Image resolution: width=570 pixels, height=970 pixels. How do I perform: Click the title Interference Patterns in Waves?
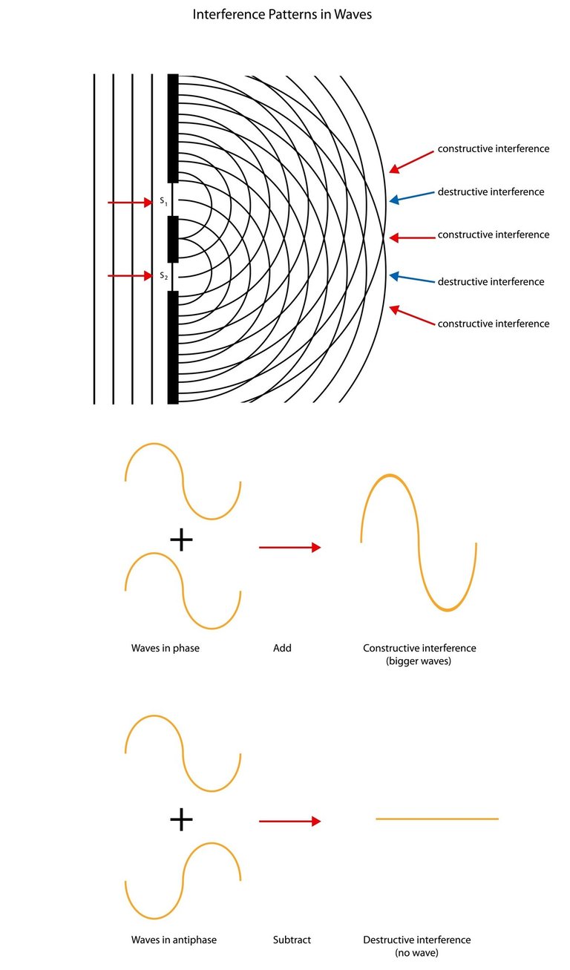pos(282,15)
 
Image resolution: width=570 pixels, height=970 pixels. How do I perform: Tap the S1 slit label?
pos(164,202)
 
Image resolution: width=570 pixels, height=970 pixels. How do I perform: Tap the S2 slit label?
pos(164,276)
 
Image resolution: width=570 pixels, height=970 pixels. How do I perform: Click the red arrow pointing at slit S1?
pos(130,202)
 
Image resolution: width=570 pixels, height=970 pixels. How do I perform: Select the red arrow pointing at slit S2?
pos(130,276)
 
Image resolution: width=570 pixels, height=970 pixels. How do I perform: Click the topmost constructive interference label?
pos(494,148)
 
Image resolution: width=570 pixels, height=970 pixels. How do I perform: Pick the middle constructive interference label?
pos(494,235)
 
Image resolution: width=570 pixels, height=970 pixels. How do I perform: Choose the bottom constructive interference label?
pos(494,324)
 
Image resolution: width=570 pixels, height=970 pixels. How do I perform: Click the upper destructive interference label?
pos(491,191)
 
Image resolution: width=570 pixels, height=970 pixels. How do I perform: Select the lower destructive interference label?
pos(491,281)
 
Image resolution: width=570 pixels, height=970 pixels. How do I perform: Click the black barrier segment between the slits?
pos(173,239)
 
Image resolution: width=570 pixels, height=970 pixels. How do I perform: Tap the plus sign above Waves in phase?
pos(181,540)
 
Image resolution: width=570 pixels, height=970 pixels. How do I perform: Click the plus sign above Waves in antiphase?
pos(181,819)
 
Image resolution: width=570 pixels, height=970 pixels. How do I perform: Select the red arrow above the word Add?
pos(289,548)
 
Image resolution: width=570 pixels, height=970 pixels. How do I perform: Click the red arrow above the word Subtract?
pos(289,821)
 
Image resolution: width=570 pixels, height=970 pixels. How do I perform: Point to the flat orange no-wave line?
pos(436,819)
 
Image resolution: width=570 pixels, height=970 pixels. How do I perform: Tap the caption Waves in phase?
pos(166,648)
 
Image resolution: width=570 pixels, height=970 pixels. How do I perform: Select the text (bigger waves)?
pos(419,661)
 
